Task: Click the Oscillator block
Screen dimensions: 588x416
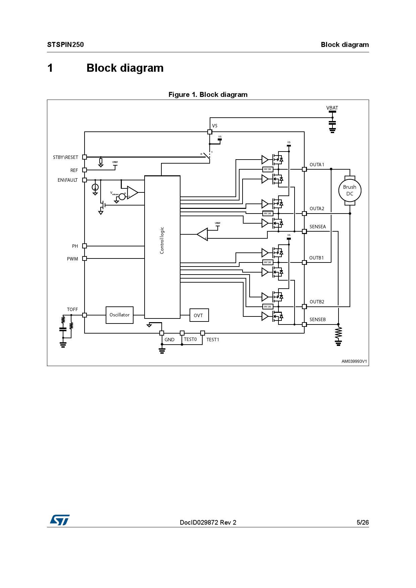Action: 119,315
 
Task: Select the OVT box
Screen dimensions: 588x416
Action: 199,315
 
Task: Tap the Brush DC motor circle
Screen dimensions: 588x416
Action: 350,190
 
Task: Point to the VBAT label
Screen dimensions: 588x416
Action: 332,108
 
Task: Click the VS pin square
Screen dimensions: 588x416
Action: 210,132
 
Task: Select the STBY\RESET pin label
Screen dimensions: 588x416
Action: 65,157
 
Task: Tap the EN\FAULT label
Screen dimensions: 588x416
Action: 67,180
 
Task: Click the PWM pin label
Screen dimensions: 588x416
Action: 72,259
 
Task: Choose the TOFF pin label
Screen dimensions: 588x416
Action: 72,309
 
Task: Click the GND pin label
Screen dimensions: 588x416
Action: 169,340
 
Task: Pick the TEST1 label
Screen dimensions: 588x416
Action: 213,340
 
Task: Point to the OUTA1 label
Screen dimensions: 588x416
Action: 317,165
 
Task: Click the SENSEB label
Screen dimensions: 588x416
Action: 317,319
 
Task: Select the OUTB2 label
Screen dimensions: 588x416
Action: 317,302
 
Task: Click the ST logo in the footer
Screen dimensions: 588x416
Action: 60,520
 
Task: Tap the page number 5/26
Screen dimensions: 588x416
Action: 362,522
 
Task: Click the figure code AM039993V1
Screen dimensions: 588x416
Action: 354,361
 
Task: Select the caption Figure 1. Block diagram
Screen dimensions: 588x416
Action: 208,95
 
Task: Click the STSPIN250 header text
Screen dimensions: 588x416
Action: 65,45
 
